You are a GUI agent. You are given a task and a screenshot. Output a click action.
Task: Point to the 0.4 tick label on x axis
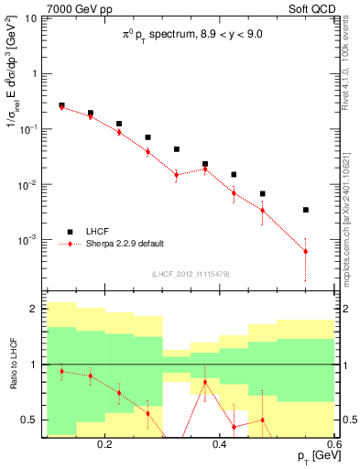tap(220, 444)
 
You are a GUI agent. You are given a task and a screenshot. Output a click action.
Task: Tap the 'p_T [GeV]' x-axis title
tap(312, 457)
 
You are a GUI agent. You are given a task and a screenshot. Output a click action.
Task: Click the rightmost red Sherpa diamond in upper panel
tap(305, 251)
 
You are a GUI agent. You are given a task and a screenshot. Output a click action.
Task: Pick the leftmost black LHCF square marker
tap(62, 105)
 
